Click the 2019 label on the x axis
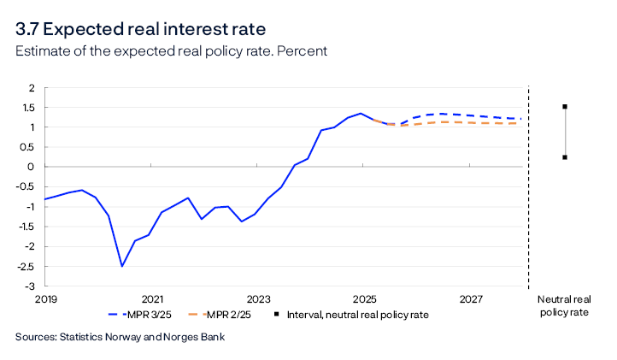click(x=45, y=299)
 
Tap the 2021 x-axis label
click(x=152, y=299)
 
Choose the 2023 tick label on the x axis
click(x=258, y=299)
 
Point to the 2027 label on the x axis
click(x=471, y=299)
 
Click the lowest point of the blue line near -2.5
click(x=121, y=266)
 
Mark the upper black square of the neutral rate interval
click(x=565, y=107)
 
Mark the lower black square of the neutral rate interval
click(x=565, y=156)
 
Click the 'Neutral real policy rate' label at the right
click(x=563, y=306)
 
